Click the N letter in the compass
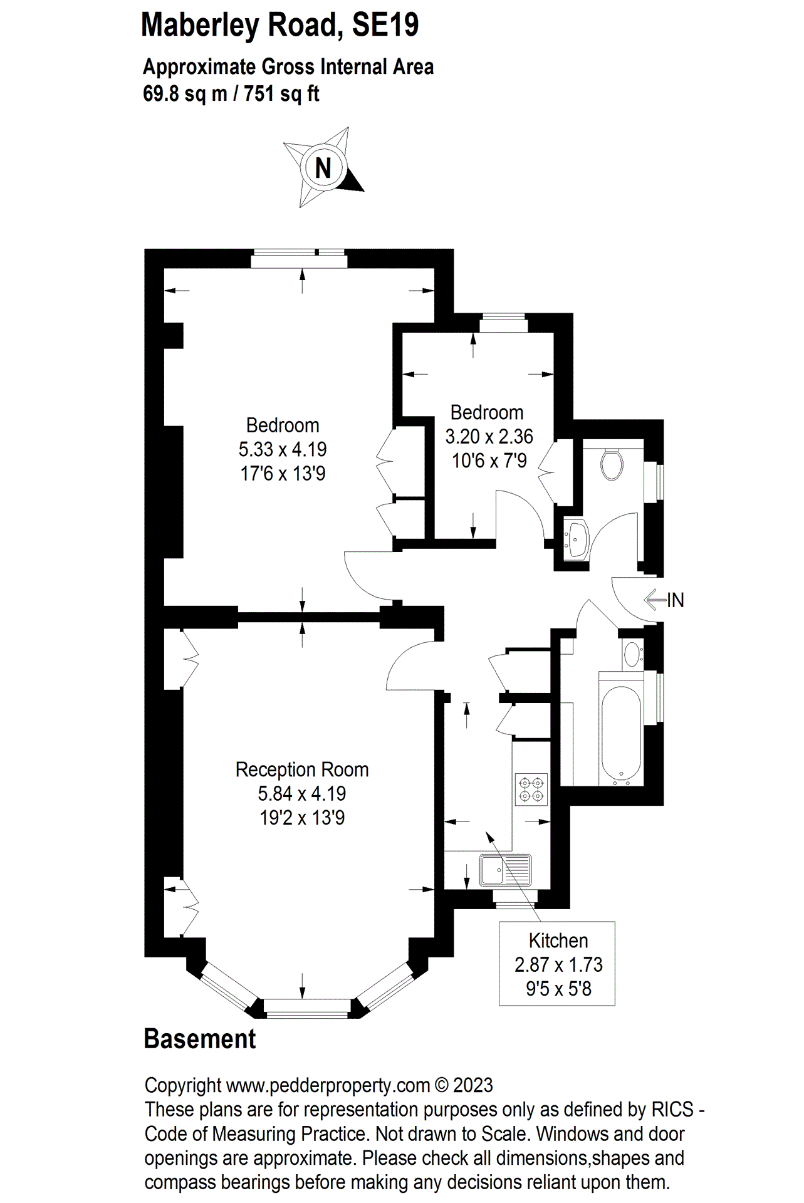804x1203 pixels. (323, 168)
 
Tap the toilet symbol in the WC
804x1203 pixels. (611, 464)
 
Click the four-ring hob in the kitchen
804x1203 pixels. (531, 789)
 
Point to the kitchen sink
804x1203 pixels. (505, 870)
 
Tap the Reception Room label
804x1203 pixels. (301, 769)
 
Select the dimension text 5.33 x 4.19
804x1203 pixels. (283, 449)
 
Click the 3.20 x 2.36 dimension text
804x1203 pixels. (489, 436)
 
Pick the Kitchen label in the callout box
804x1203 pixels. (558, 940)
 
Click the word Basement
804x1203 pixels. (200, 1039)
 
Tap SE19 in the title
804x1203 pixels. (385, 25)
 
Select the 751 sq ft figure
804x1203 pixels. (281, 94)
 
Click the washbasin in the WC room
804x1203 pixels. (577, 538)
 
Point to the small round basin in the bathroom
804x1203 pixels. (633, 655)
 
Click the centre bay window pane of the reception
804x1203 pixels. (306, 1007)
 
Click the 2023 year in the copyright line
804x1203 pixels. (472, 1085)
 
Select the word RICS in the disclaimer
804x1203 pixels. (672, 1110)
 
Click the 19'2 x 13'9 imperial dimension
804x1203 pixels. (302, 818)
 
